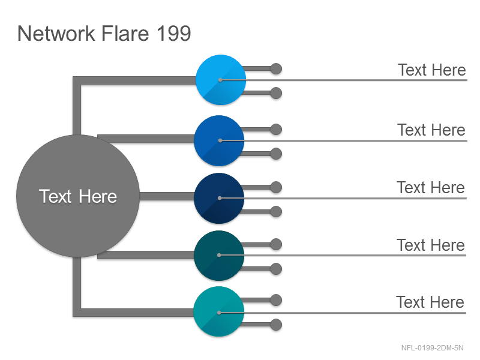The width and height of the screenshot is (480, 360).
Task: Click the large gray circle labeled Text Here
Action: [x=78, y=196]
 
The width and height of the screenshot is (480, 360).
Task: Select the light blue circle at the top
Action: [x=221, y=80]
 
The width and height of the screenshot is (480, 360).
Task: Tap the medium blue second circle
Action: [x=219, y=140]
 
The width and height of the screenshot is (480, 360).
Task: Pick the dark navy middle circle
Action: [x=219, y=198]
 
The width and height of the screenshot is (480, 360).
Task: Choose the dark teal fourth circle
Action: [x=219, y=256]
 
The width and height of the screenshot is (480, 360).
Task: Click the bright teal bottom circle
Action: [x=219, y=311]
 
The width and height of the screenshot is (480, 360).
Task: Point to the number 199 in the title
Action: [x=174, y=34]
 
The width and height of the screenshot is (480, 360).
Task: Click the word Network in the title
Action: [x=56, y=34]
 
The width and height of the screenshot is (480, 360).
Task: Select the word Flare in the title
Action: [x=125, y=34]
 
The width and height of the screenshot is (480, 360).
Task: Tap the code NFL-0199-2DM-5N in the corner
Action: [x=432, y=348]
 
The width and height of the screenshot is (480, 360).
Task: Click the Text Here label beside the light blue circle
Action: [x=432, y=70]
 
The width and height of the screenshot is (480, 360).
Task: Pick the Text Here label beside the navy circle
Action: [x=431, y=187]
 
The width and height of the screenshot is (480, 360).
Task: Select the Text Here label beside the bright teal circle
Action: [x=430, y=302]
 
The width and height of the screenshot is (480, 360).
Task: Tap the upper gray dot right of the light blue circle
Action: [x=276, y=69]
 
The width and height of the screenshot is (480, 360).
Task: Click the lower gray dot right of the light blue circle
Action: [x=276, y=93]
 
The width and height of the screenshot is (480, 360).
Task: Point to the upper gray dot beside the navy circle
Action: [x=276, y=187]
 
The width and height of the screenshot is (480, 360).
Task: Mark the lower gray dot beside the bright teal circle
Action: [x=276, y=325]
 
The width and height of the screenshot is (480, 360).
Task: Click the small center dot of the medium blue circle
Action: [x=220, y=140]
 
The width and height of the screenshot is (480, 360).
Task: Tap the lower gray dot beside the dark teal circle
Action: [x=276, y=269]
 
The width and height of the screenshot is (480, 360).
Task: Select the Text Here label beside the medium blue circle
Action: [x=431, y=130]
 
